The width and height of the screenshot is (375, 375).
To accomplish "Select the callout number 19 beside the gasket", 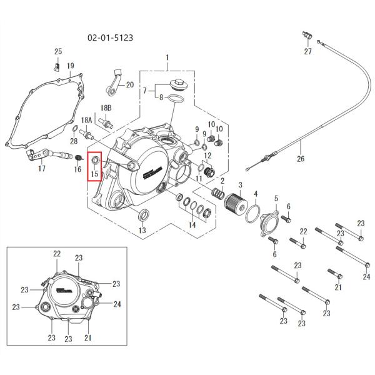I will pyautogui.click(x=71, y=66).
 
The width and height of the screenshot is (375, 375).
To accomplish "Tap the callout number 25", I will pyautogui.click(x=58, y=51).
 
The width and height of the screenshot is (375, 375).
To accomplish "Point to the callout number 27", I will pyautogui.click(x=307, y=51).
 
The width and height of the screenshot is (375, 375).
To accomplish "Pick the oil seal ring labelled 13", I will pyautogui.click(x=143, y=216).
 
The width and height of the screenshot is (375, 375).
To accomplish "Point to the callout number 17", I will pyautogui.click(x=42, y=169).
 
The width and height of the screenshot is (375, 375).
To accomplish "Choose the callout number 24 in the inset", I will pyautogui.click(x=116, y=304).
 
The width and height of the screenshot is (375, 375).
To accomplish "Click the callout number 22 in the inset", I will pyautogui.click(x=57, y=253).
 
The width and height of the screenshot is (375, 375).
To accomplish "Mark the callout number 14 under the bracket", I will pyautogui.click(x=192, y=224).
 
